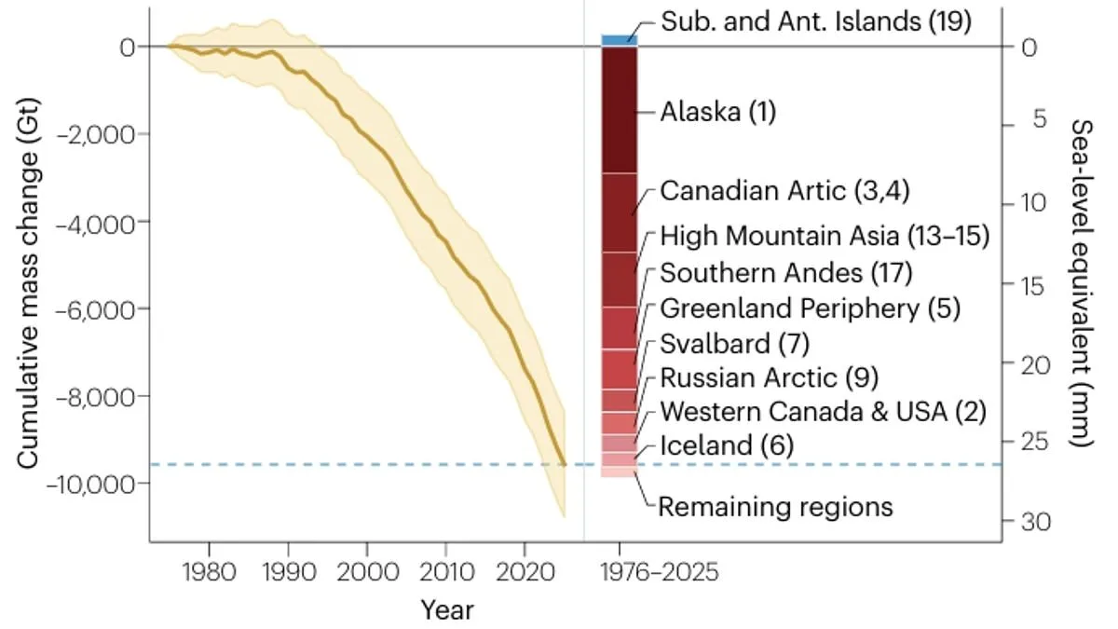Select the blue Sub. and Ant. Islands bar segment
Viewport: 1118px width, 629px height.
[619, 40]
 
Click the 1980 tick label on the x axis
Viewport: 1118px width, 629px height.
[208, 569]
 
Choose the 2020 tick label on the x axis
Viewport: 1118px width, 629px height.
[524, 569]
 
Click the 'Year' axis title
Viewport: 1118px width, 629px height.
[446, 611]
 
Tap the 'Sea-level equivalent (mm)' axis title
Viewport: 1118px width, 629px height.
[1081, 283]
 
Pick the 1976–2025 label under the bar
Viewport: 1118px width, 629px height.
[660, 570]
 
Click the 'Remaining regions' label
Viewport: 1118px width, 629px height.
[775, 507]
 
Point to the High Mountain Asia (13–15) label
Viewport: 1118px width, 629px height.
[824, 237]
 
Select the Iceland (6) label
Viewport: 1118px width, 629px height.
[726, 445]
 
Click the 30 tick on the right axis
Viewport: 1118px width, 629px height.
[1021, 523]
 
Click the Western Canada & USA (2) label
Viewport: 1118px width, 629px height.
[823, 411]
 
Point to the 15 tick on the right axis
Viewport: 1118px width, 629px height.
[1021, 285]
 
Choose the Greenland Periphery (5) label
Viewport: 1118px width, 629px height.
[810, 308]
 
